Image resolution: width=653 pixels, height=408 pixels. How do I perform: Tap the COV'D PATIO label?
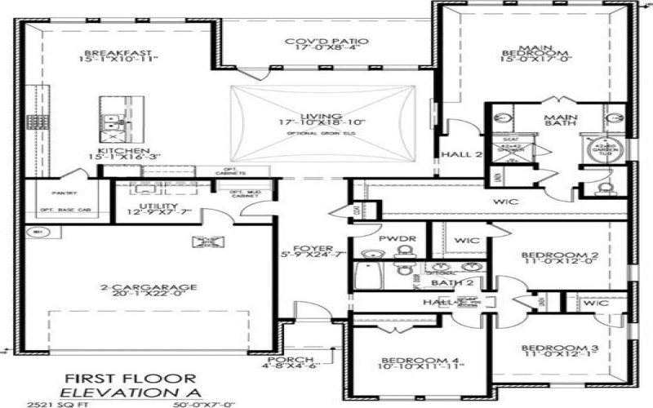click(x=326, y=42)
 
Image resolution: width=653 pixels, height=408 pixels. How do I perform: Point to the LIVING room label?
click(x=321, y=117)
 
